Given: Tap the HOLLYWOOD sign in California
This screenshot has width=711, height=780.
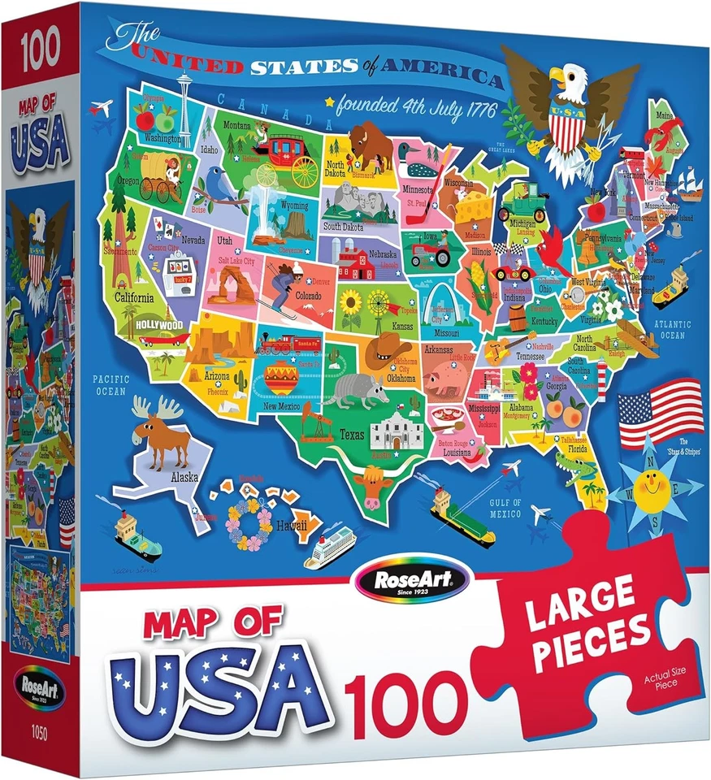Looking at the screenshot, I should tap(163, 323).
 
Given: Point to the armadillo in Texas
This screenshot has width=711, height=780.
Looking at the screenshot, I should tap(355, 389).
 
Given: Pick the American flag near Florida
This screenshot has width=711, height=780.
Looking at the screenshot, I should tap(661, 412).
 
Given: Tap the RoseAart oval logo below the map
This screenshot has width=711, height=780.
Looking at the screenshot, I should tap(412, 578).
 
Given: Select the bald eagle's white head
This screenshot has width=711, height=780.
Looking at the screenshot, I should tap(561, 79).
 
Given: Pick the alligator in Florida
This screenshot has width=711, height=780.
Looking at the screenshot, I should tap(574, 469).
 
